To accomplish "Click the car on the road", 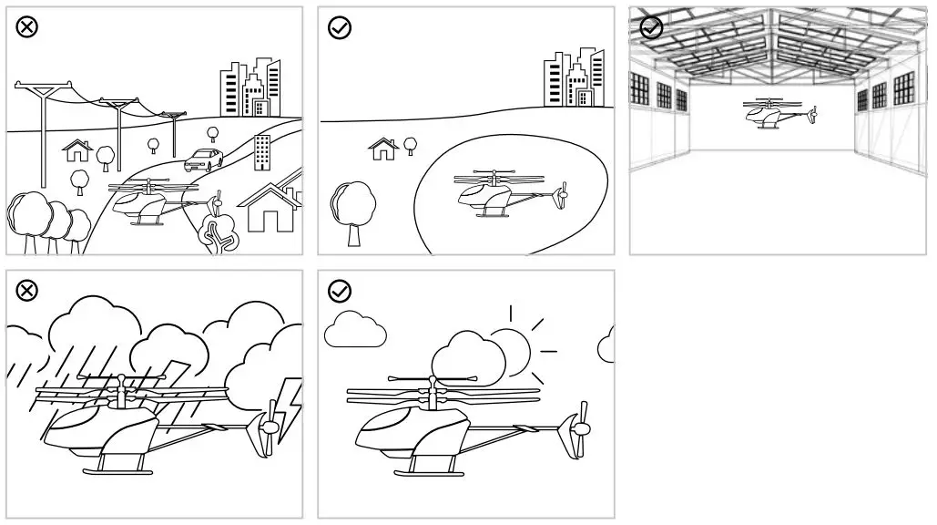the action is pos(203,161).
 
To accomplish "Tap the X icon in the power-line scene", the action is pos(27,27).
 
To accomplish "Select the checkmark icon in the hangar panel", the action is pos(651,27).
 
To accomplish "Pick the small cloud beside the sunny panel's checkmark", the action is pos(355,331).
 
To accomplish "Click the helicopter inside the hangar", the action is pos(777,114).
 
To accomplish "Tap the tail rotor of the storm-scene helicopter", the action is pos(270,428).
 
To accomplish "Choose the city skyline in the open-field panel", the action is pos(573,78).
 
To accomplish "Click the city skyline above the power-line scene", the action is pos(250,87).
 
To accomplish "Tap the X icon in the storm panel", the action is pos(27,291).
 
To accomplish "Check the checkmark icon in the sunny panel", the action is pos(340,291).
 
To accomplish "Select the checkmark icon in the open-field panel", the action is pos(340,27).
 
